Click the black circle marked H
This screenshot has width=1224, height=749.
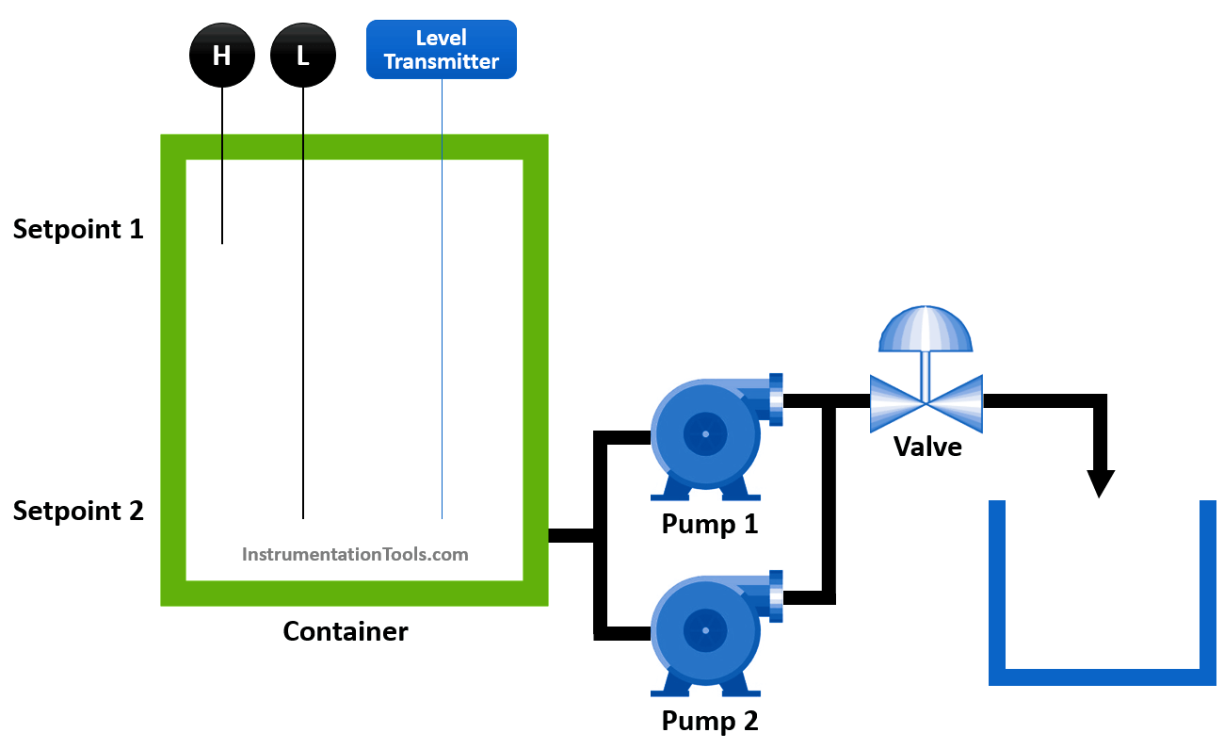pyautogui.click(x=222, y=55)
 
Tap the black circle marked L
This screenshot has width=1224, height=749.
pyautogui.click(x=303, y=55)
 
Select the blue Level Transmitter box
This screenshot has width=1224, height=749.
pyautogui.click(x=441, y=50)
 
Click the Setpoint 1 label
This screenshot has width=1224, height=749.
pyautogui.click(x=78, y=229)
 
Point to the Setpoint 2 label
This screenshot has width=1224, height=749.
pyautogui.click(x=78, y=511)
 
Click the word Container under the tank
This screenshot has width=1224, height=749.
pyautogui.click(x=346, y=631)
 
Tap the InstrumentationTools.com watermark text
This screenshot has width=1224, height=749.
pyautogui.click(x=355, y=554)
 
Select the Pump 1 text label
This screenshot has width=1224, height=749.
pyautogui.click(x=709, y=523)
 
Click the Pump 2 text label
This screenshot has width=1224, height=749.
pyautogui.click(x=709, y=721)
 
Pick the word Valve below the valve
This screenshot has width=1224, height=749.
pyautogui.click(x=927, y=446)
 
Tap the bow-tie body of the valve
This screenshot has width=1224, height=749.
pyautogui.click(x=926, y=402)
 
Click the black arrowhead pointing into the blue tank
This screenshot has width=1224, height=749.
pyautogui.click(x=1100, y=482)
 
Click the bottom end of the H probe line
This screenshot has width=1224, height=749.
pyautogui.click(x=222, y=242)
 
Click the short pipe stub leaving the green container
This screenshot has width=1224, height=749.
pyautogui.click(x=571, y=536)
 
